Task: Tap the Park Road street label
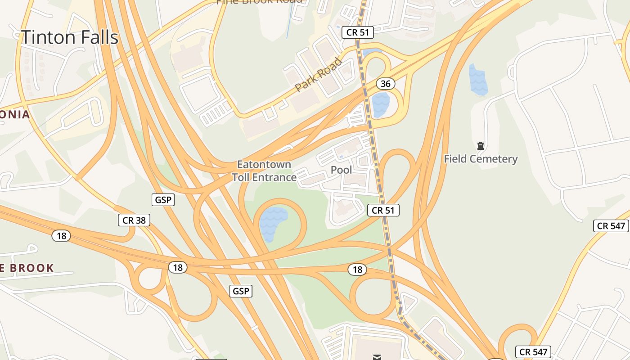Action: [319, 75]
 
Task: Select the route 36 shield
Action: [385, 84]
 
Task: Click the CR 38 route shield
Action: [134, 220]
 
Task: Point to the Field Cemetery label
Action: [481, 159]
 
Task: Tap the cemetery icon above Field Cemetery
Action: [481, 146]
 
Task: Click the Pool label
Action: [342, 170]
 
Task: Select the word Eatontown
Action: [264, 164]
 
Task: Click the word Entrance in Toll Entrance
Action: [274, 177]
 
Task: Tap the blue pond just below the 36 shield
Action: [381, 104]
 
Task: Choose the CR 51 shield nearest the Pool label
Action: [383, 210]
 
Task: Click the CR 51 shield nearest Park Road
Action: [357, 32]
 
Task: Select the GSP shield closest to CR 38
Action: [163, 200]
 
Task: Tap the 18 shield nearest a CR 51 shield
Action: [357, 270]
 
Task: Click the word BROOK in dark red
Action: [32, 268]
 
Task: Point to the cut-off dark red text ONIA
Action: [15, 114]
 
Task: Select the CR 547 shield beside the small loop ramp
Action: [534, 352]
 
